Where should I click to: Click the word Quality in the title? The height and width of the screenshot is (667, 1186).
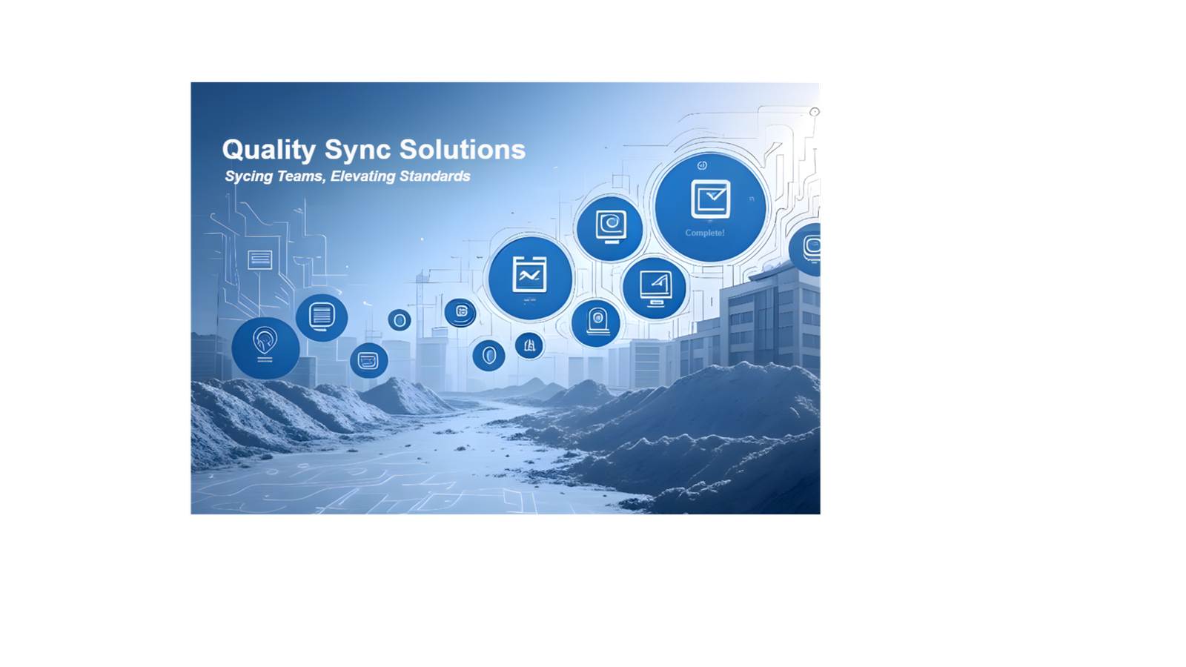pos(268,150)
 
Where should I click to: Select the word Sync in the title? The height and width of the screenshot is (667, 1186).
pos(358,150)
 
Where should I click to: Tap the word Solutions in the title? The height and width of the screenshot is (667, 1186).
pos(463,149)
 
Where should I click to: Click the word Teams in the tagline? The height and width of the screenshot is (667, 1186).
pos(301,176)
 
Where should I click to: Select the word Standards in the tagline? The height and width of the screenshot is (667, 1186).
pos(434,176)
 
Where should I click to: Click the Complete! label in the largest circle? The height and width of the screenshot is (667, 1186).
pos(705,233)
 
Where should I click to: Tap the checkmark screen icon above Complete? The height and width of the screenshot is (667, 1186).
pos(711,199)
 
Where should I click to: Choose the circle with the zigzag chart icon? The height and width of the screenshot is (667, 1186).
pos(530,279)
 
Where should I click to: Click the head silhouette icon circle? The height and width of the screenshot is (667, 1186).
pos(265,348)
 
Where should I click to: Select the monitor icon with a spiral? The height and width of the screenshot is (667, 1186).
pos(611,227)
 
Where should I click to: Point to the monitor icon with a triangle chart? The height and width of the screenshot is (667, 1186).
pos(655,288)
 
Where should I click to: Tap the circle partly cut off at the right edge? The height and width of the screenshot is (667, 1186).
pos(805,249)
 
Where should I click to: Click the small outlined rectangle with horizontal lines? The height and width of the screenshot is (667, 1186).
pos(260,259)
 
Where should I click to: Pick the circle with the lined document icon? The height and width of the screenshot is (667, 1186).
pos(322,318)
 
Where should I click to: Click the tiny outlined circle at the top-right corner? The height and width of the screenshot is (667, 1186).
pos(815,112)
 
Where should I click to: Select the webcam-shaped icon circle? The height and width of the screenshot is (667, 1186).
pos(596,323)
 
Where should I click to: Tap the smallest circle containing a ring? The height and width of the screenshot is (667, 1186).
pos(400,320)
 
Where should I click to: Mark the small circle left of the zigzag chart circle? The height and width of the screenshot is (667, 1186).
pos(460,312)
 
